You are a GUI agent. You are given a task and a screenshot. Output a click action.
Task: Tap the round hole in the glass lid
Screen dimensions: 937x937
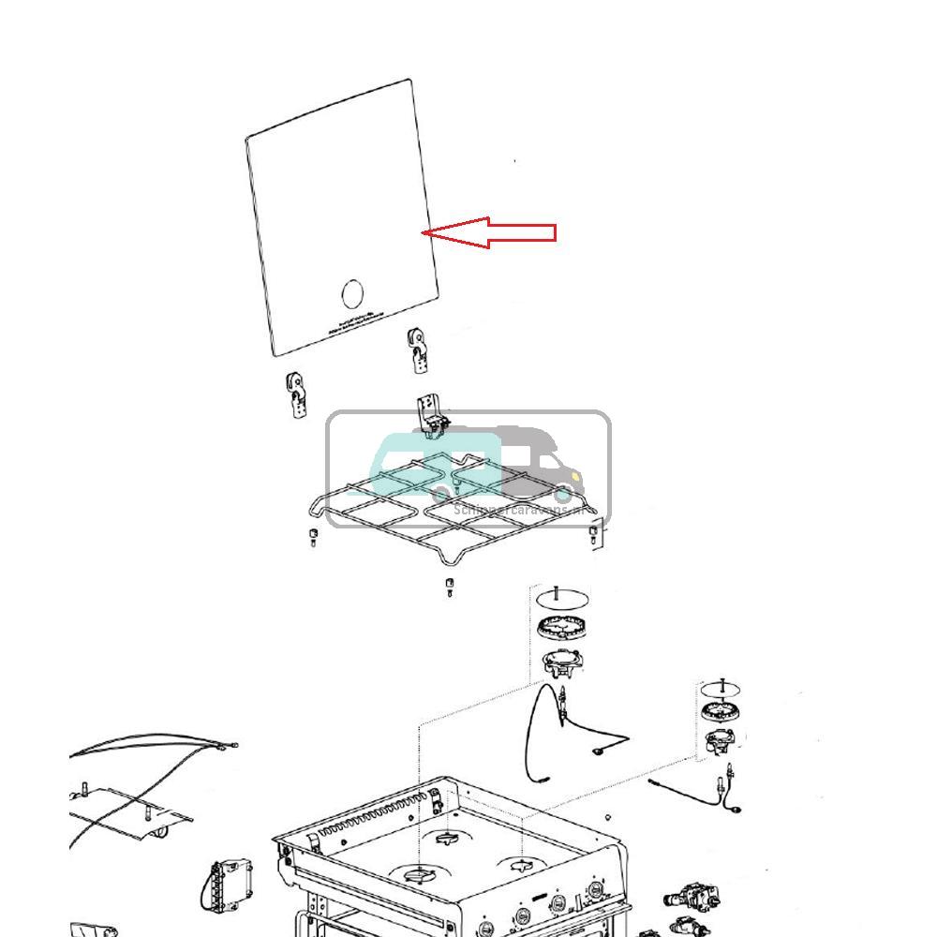point(351,293)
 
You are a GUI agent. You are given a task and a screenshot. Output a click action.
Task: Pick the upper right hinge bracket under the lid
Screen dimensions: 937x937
point(418,347)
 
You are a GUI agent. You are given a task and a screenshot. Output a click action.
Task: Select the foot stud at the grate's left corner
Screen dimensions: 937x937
point(313,537)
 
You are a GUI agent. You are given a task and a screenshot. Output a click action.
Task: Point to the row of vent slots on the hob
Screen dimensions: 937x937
point(375,816)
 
